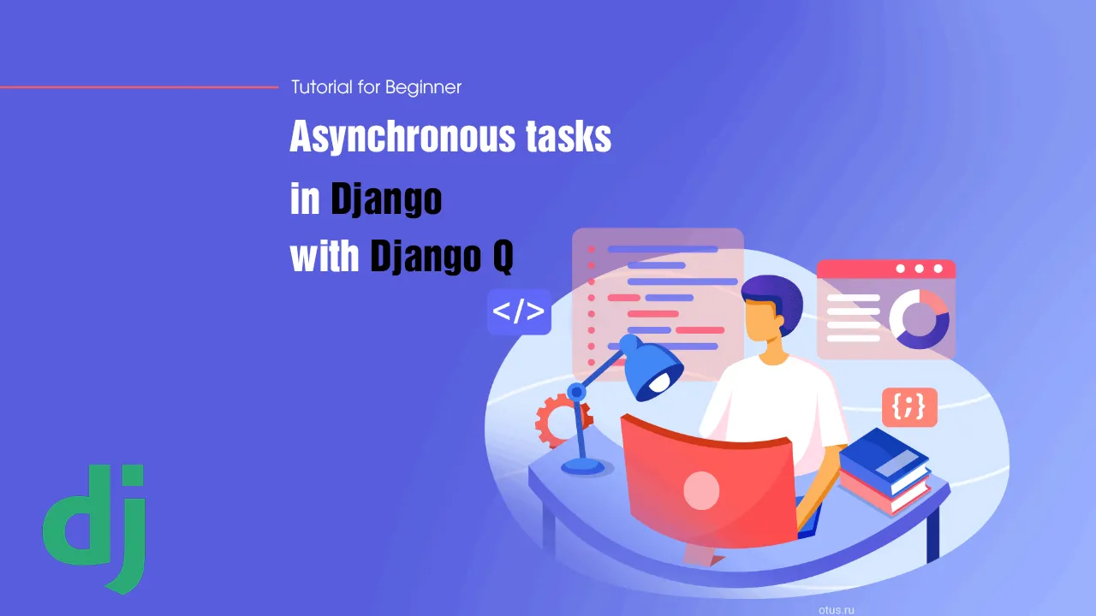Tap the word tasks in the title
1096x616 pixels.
click(569, 136)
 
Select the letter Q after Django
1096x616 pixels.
click(503, 256)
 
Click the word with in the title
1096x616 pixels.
click(325, 255)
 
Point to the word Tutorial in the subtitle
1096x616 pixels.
click(321, 87)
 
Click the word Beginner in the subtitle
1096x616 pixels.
click(423, 87)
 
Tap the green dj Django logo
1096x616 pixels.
click(95, 528)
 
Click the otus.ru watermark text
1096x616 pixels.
click(837, 610)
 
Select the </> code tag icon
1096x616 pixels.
click(519, 312)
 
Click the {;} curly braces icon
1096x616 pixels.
click(909, 406)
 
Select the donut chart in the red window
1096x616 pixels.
click(919, 319)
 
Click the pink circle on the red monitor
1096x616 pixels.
click(701, 490)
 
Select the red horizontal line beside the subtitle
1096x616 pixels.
click(139, 87)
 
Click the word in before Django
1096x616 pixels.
click(305, 198)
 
